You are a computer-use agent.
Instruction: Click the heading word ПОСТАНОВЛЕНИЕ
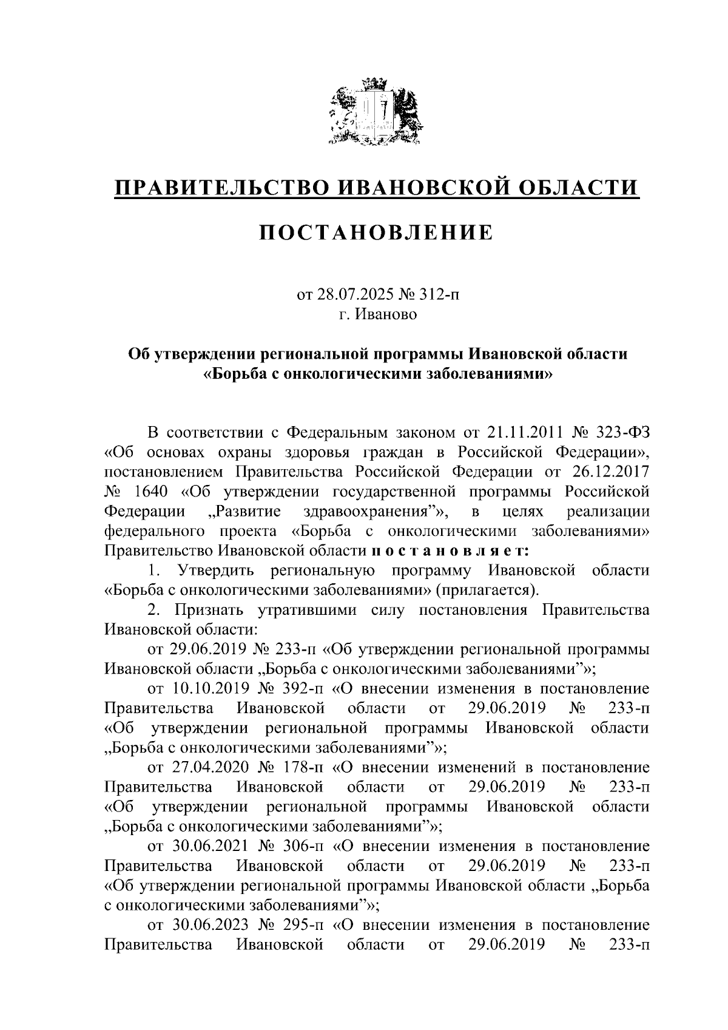coord(376,232)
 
